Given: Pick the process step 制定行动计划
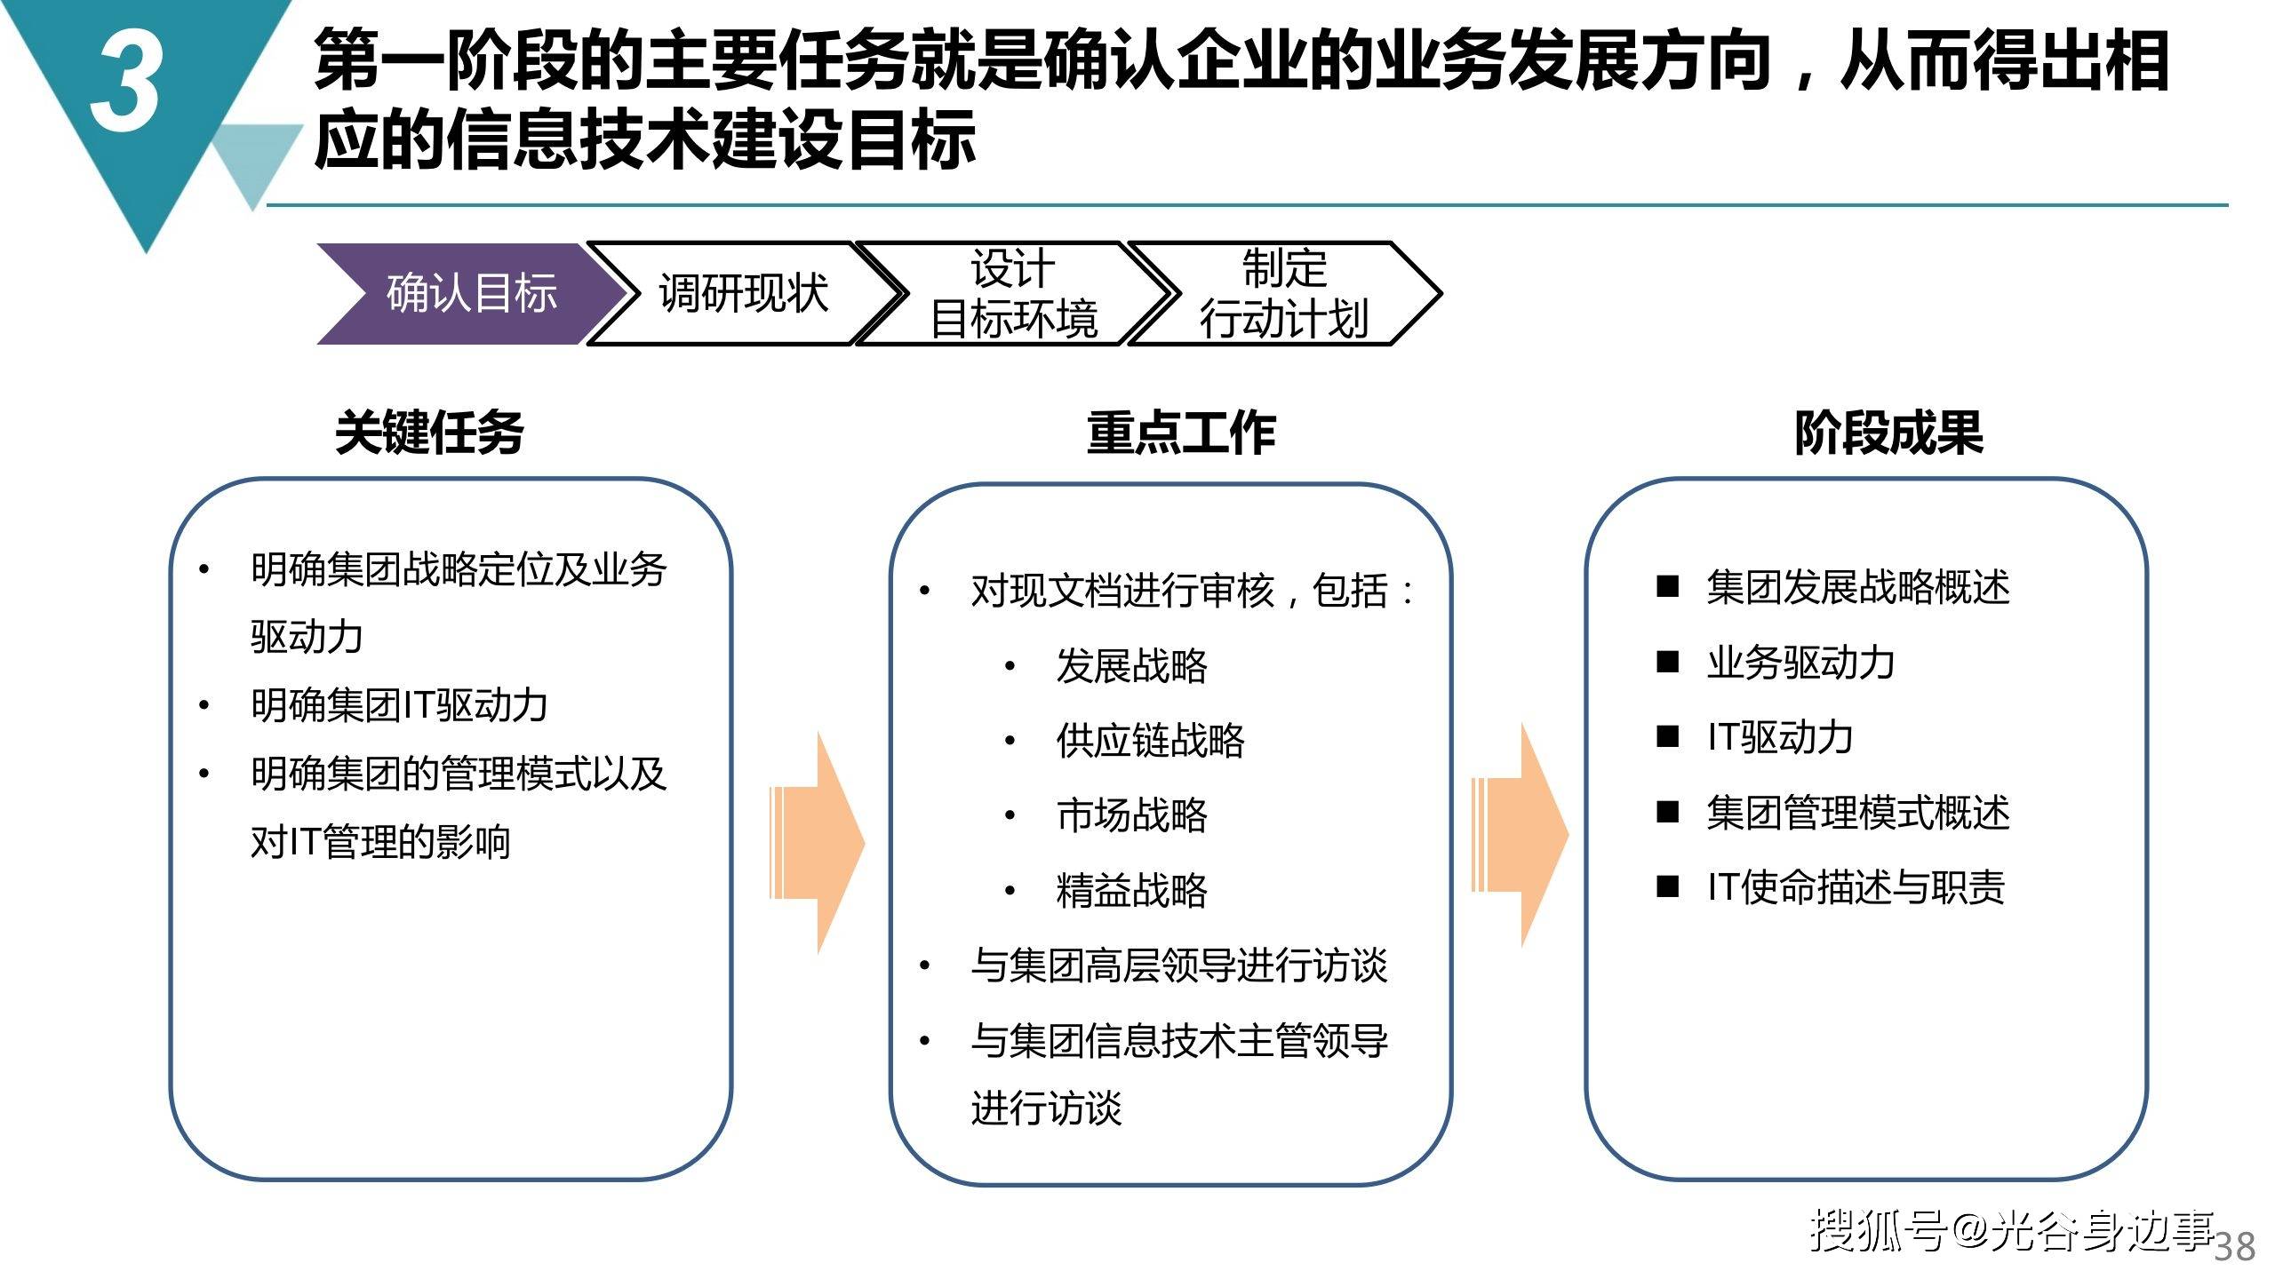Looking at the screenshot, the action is coord(1284,293).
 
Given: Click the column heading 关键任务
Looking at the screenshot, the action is coord(429,433).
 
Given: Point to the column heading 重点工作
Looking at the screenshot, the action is coord(1181,433).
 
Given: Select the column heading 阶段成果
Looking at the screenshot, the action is coord(1889,433).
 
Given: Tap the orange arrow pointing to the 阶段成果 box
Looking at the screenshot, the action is coord(1520,835).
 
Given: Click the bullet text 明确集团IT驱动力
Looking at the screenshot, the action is coord(399,705).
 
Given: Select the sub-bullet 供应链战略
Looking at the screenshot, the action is coord(1151,740).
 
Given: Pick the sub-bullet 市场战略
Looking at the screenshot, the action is coord(1132,814).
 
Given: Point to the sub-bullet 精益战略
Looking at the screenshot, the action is coord(1132,890).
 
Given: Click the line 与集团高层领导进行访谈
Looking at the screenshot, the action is coord(1179,965).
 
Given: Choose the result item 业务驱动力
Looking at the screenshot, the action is coord(1800,663).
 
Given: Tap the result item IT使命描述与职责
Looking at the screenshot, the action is coord(1856,886).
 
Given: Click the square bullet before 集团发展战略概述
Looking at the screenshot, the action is coord(1668,587).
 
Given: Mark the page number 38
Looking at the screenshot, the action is coord(2235,1247).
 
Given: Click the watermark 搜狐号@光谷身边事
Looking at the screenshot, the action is coord(2013,1231).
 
